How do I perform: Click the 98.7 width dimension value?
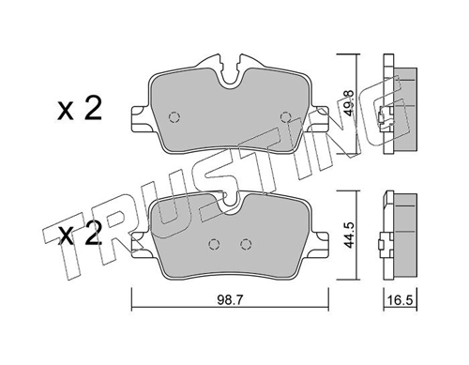(x=230, y=300)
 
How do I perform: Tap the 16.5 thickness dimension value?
(x=401, y=300)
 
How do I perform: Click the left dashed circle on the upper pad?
(x=174, y=117)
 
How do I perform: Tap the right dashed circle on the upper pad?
(x=286, y=117)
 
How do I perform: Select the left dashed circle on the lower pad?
(x=214, y=244)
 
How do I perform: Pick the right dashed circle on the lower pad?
(x=246, y=244)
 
